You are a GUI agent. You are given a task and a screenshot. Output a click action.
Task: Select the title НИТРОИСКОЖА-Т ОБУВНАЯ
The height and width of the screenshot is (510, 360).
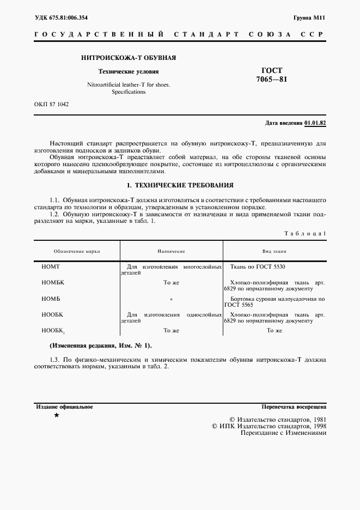[x=128, y=58]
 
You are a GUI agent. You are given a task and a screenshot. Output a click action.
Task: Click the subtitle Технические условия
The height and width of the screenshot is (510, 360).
[x=128, y=71]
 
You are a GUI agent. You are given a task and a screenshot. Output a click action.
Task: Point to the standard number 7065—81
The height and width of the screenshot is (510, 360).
[x=271, y=80]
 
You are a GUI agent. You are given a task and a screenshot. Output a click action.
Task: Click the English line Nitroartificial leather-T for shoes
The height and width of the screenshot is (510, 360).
[x=129, y=84]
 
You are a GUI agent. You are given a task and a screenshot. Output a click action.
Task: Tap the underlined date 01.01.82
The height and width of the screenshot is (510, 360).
[x=315, y=123]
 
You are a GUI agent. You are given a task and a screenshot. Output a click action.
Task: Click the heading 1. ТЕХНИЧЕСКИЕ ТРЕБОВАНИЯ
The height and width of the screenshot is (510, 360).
[x=180, y=185]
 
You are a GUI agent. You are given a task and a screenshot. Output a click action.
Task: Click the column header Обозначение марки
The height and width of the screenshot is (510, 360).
[x=77, y=251]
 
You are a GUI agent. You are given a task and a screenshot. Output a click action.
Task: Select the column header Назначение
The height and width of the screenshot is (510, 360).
[x=171, y=251]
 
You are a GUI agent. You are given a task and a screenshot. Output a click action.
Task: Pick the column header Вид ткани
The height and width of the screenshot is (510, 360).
[x=274, y=251]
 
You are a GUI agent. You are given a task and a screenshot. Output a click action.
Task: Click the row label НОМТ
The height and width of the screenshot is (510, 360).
[x=50, y=267]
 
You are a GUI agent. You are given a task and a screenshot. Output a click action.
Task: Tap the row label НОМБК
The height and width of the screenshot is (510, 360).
[x=52, y=283]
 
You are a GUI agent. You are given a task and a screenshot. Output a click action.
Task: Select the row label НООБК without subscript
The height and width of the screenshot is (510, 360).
[x=52, y=314]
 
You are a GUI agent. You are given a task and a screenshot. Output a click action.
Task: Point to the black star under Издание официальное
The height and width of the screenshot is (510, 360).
[x=56, y=415]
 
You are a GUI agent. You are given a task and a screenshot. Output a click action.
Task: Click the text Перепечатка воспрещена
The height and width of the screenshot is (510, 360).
[x=294, y=406]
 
